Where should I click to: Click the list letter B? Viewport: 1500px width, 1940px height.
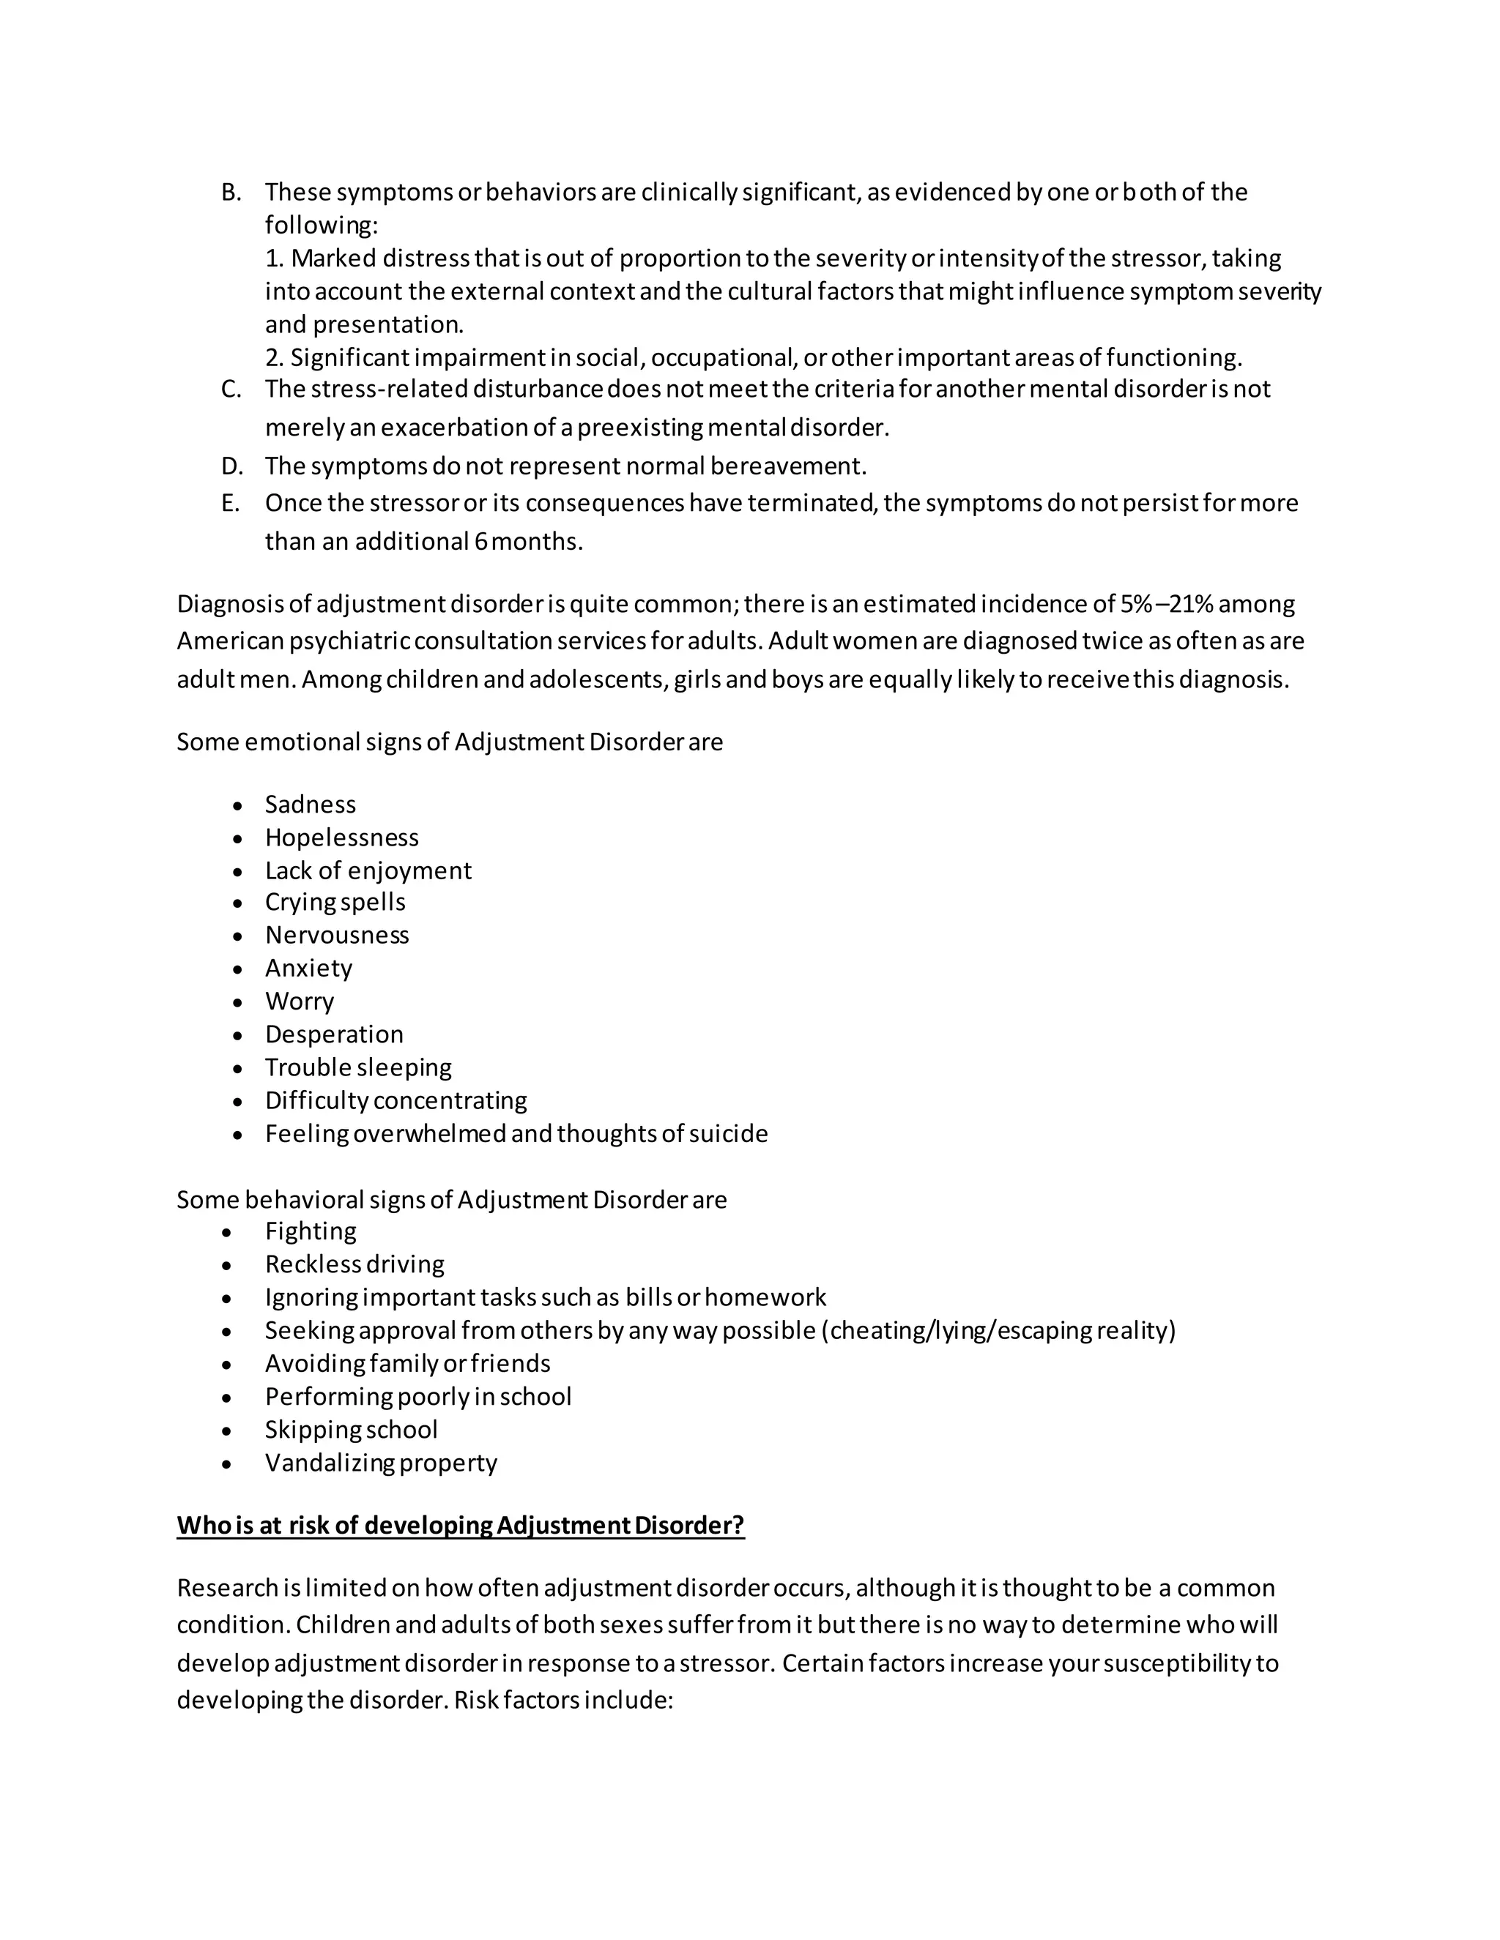(x=230, y=193)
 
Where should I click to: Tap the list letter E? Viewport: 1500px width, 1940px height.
(x=229, y=504)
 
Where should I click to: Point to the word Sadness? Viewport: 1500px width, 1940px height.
(x=310, y=805)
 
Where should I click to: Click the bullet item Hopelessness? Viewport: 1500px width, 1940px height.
(x=341, y=837)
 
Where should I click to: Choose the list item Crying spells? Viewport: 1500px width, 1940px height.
(x=335, y=903)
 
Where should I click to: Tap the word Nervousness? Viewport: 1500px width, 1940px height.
(x=337, y=936)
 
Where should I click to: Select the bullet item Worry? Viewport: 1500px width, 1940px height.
(x=300, y=1002)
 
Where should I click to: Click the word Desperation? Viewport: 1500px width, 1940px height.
(x=334, y=1035)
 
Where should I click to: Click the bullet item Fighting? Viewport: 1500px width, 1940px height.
(x=310, y=1232)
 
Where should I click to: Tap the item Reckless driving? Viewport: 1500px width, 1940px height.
(x=354, y=1265)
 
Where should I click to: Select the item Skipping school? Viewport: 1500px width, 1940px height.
(x=351, y=1430)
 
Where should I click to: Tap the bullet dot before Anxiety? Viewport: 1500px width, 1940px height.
(x=237, y=970)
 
